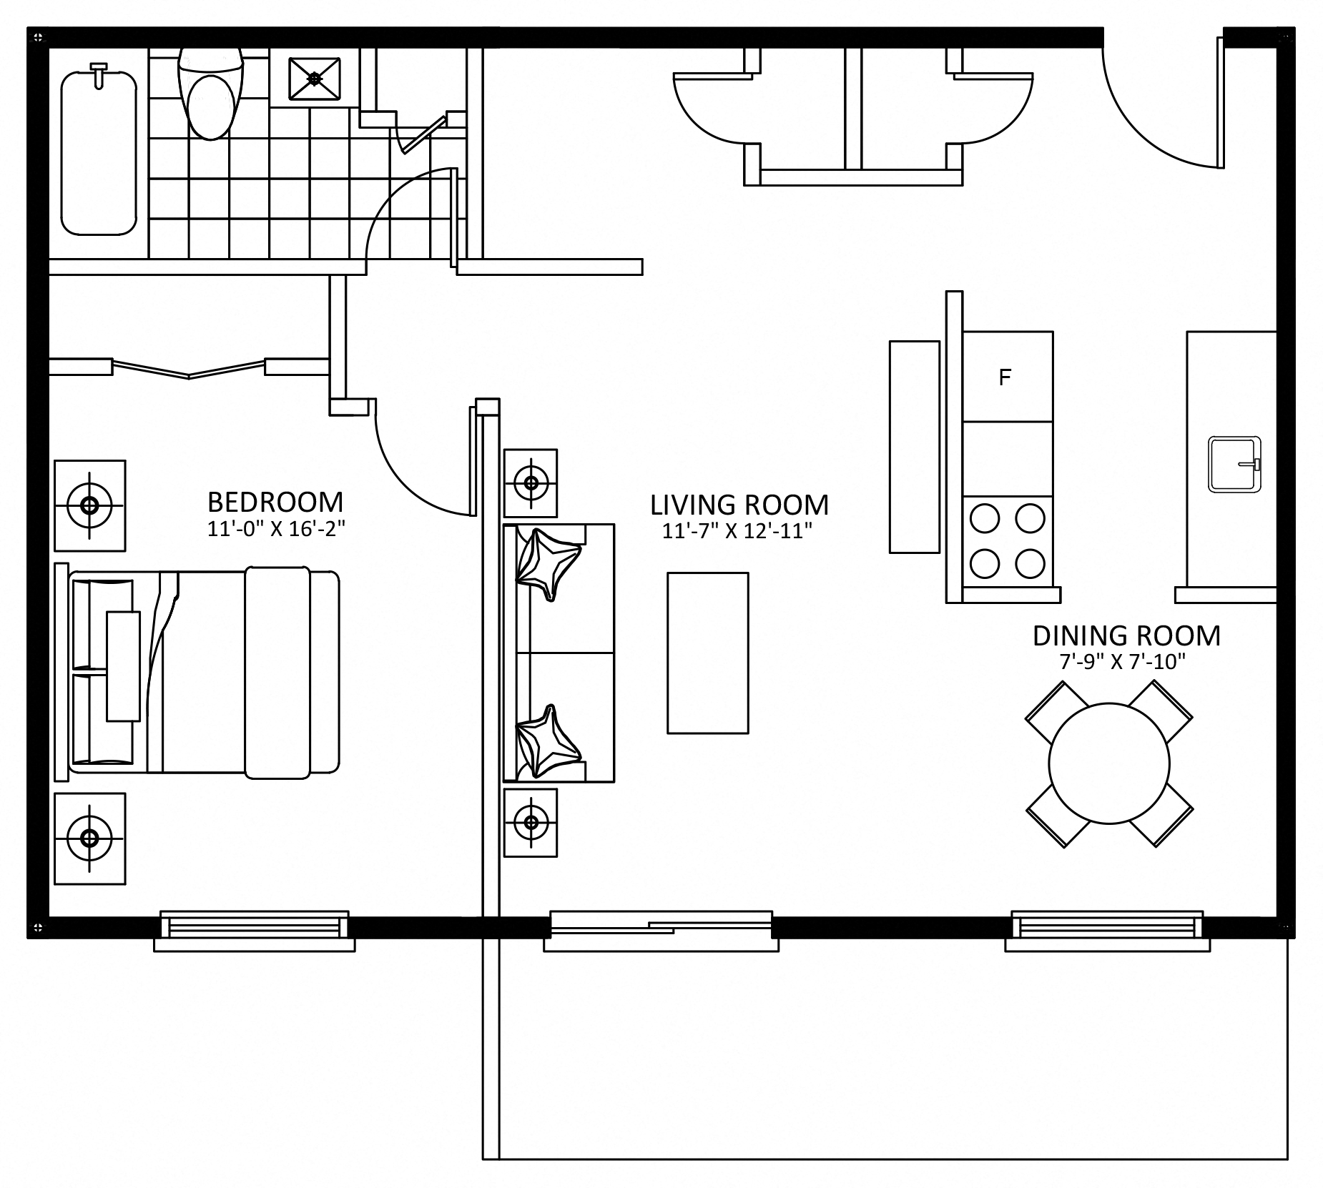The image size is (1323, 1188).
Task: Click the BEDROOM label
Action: point(275,503)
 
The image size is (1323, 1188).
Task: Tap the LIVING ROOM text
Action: point(739,505)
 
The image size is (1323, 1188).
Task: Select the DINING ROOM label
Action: point(1126,635)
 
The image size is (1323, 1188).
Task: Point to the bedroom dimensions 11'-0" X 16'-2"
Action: point(276,529)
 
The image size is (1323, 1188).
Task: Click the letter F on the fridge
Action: point(1005,377)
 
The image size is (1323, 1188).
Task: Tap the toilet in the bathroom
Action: point(210,93)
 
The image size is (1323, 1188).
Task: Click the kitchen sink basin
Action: point(1235,465)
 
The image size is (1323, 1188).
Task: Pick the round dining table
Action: point(1109,763)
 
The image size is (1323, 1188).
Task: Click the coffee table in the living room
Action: point(708,653)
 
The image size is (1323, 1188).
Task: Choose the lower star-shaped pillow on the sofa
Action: point(547,741)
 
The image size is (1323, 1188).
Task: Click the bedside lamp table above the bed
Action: point(90,505)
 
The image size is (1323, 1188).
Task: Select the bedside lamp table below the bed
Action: point(90,838)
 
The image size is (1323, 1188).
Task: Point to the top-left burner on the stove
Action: point(985,519)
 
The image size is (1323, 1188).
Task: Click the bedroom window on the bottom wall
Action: point(255,930)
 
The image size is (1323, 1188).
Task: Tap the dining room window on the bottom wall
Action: point(1108,930)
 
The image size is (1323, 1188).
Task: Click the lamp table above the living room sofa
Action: point(531,482)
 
